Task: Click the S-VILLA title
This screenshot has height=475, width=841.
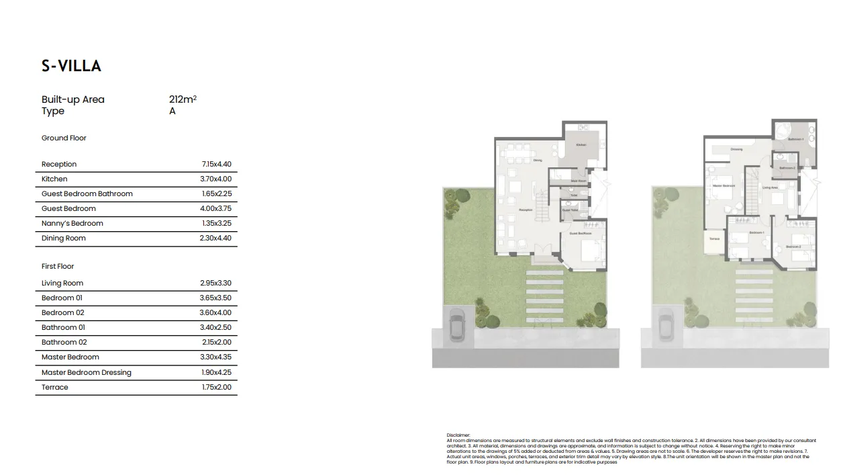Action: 71,66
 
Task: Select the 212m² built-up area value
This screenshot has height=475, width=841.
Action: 183,99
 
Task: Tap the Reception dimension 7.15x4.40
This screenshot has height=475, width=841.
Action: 216,164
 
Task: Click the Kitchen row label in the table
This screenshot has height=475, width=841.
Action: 54,179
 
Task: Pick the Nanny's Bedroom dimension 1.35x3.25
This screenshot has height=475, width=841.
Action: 216,223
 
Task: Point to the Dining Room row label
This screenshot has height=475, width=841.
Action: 64,238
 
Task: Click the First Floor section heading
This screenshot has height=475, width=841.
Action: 58,266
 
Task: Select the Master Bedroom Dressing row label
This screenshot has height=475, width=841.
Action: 87,372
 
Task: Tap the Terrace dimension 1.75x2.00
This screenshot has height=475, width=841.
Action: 216,387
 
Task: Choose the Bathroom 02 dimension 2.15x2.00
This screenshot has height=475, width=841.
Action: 216,342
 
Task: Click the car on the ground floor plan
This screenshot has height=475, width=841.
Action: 458,324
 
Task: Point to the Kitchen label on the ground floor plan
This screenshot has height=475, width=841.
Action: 581,145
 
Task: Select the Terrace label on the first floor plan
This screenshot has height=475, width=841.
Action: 714,239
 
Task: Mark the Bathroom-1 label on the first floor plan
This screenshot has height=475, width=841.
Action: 795,139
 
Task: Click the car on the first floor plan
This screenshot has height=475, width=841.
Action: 666,324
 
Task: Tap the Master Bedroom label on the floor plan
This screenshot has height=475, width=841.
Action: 724,185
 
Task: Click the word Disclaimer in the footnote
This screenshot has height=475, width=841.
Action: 458,435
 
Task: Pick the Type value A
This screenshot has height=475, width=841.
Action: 172,111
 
